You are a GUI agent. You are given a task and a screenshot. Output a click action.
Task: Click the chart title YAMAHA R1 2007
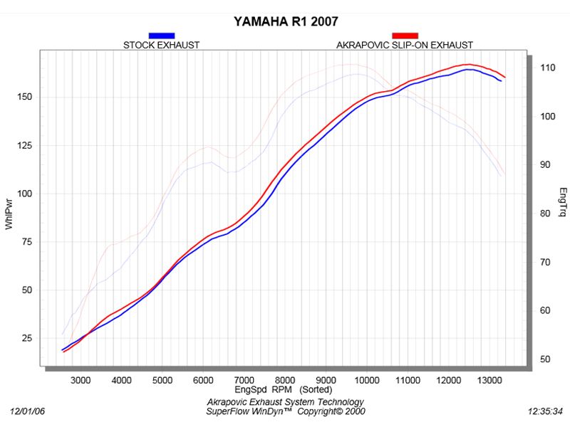tap(286, 21)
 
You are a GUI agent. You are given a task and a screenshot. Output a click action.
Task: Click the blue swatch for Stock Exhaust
tap(161, 35)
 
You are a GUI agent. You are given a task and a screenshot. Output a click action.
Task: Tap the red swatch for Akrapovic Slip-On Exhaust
tap(405, 35)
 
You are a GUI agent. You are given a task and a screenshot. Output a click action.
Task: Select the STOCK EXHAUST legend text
tap(161, 45)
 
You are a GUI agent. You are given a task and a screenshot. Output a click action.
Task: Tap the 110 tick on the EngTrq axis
tap(547, 68)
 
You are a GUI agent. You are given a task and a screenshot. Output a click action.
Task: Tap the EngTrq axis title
tap(563, 201)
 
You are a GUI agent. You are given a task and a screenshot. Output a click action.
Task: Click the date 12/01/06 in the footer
tap(27, 411)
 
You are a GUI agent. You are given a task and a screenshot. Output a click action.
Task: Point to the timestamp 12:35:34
tap(545, 411)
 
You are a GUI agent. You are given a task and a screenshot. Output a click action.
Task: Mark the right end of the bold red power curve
tap(505, 77)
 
